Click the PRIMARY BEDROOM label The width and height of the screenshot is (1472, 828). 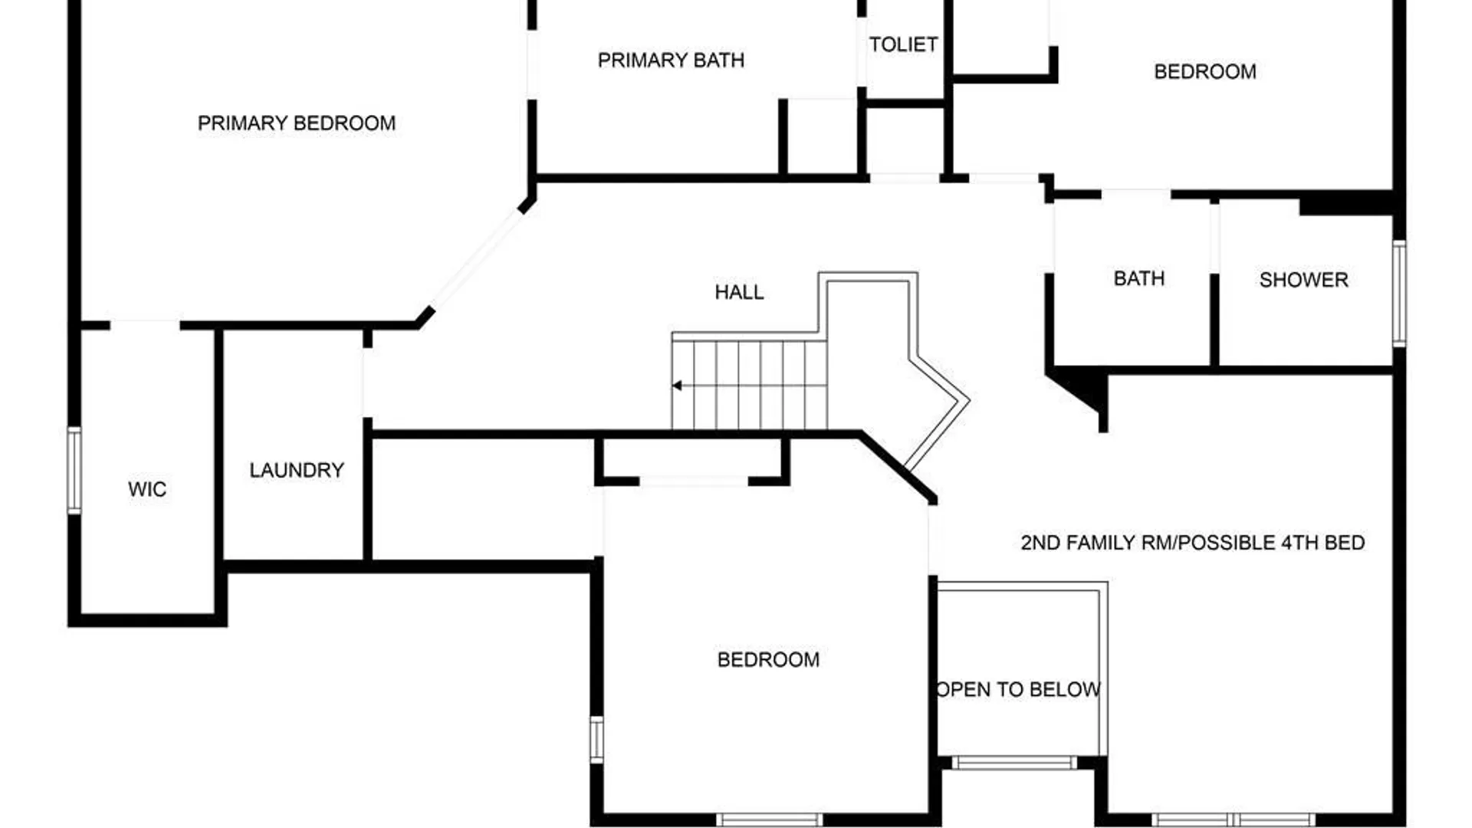tap(297, 123)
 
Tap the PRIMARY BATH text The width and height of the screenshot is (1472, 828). tap(671, 61)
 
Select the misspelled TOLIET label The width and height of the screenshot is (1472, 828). tap(903, 44)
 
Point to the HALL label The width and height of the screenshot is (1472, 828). tap(739, 292)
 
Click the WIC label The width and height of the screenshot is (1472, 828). tap(147, 489)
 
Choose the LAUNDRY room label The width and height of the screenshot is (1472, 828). tap(297, 470)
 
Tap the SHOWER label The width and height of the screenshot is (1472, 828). tap(1303, 280)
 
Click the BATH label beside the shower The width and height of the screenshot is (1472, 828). tap(1138, 278)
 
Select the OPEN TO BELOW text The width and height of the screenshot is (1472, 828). tap(1019, 689)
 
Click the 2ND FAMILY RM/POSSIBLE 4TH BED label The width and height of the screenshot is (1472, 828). tap(1192, 543)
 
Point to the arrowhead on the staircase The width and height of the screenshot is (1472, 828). tap(677, 386)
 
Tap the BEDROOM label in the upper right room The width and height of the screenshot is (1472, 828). tap(1204, 72)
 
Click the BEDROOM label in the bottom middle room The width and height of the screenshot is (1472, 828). tap(768, 659)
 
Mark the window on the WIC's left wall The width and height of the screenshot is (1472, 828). tap(74, 470)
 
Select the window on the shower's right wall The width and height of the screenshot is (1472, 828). tap(1399, 293)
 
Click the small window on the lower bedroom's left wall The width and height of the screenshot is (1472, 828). tap(596, 739)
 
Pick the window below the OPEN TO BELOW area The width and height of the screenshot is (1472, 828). tap(1014, 763)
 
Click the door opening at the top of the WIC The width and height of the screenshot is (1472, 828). tap(145, 325)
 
